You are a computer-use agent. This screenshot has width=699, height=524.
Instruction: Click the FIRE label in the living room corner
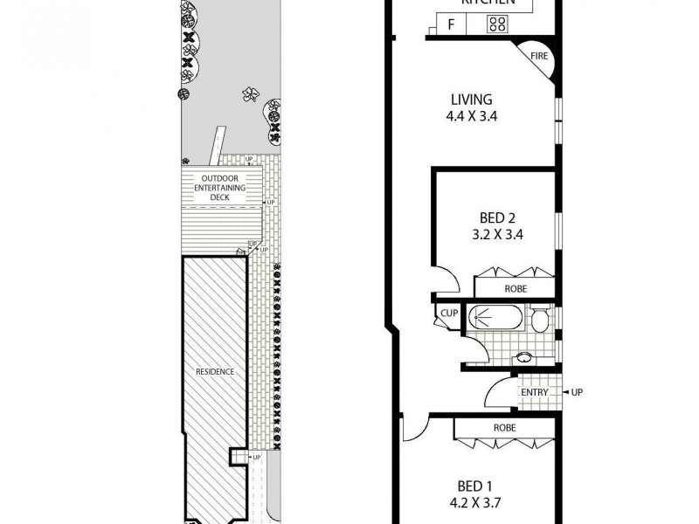(x=538, y=57)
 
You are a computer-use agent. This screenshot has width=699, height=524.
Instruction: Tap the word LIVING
(x=472, y=100)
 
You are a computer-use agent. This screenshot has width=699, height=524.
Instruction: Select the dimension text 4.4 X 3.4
(x=472, y=115)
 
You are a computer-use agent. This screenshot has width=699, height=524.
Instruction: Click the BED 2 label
(x=495, y=217)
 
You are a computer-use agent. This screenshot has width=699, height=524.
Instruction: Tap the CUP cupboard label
(x=450, y=313)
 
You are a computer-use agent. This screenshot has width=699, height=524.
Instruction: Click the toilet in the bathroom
(x=540, y=321)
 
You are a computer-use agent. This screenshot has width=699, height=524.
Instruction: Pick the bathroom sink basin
(x=524, y=356)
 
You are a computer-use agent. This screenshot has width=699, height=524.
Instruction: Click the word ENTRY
(x=534, y=393)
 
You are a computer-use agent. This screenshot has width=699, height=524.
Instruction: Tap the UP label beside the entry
(x=577, y=393)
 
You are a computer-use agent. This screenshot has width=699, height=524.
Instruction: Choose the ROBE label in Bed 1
(x=504, y=429)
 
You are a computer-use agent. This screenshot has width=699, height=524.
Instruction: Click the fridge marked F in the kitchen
(x=451, y=24)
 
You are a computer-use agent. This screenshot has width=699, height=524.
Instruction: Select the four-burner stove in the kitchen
(x=498, y=24)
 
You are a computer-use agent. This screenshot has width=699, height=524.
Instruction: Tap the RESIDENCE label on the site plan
(x=215, y=371)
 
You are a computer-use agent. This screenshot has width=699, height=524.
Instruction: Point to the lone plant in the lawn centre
(x=251, y=93)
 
